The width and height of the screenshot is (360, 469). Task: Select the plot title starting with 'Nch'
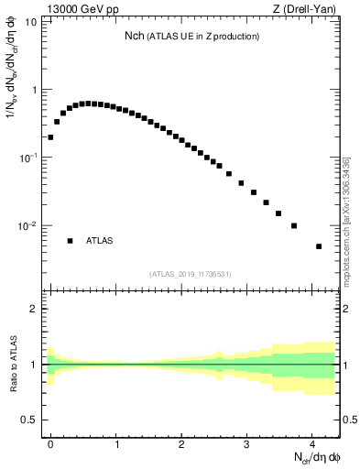[192, 36]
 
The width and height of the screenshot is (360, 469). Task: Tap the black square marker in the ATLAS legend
[70, 241]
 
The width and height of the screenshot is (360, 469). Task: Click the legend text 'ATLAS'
[100, 241]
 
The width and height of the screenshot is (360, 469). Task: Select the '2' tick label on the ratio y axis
[34, 309]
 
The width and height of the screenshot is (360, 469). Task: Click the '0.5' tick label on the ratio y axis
[30, 420]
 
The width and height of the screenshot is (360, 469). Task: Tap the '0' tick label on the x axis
[51, 442]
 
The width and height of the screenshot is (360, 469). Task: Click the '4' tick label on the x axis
[312, 442]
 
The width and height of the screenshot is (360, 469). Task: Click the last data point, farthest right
[319, 246]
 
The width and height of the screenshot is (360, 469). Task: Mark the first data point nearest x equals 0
[50, 137]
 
